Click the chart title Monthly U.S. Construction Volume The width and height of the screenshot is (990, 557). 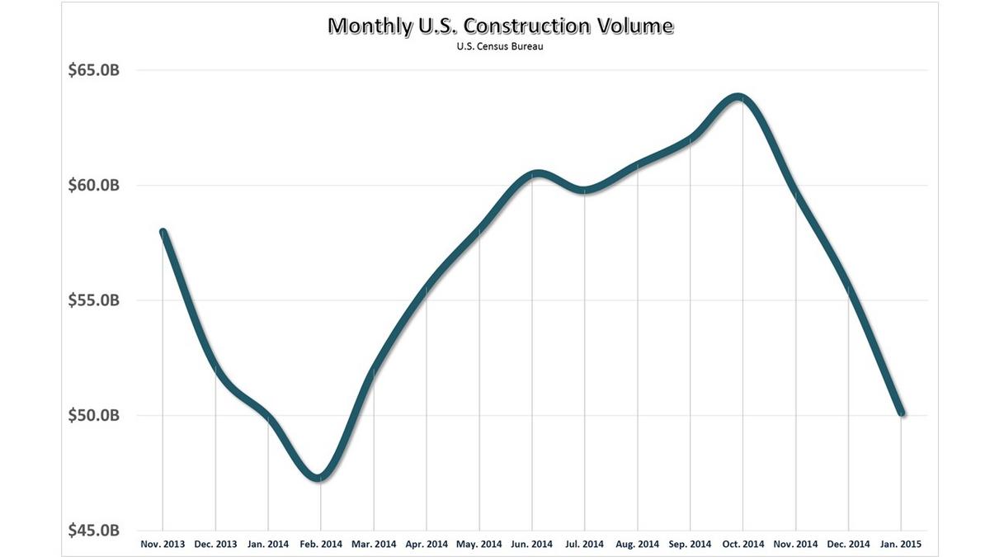[x=500, y=26]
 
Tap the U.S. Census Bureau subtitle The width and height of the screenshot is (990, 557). [x=500, y=47]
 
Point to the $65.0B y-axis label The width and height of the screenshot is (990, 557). [x=94, y=70]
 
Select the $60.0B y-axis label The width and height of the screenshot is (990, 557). [x=94, y=185]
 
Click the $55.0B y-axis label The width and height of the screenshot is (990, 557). [x=94, y=300]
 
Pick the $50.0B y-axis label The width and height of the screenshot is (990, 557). [x=94, y=414]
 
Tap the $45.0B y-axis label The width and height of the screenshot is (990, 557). [x=94, y=529]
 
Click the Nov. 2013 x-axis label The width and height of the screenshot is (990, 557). [x=163, y=544]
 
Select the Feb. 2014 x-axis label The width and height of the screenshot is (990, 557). [x=321, y=544]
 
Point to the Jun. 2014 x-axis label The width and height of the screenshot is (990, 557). [x=531, y=544]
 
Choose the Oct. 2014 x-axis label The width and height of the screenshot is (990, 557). [x=742, y=544]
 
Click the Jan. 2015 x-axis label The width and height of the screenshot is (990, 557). [x=901, y=544]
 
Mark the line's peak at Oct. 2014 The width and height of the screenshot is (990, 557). [x=738, y=97]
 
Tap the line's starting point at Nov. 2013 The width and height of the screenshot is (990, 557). [x=163, y=232]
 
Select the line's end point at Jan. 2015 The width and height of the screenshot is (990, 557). [x=901, y=413]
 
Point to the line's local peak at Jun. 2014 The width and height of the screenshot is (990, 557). [x=536, y=173]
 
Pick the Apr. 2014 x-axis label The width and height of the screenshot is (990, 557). [x=427, y=544]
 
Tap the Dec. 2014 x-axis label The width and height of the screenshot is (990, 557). [x=848, y=544]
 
